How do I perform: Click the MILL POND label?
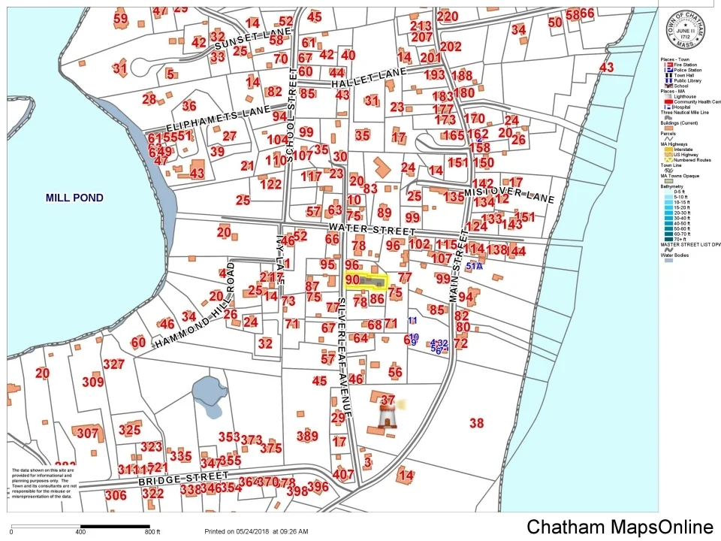(x=74, y=198)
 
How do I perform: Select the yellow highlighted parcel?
(x=367, y=281)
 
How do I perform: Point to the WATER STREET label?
(x=371, y=228)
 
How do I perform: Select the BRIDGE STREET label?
(x=183, y=478)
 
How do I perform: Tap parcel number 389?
(x=307, y=436)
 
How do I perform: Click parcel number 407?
(x=342, y=475)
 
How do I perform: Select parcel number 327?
(x=113, y=364)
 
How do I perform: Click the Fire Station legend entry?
(x=685, y=65)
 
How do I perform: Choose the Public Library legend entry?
(x=686, y=80)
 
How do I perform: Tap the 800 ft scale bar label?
(x=153, y=531)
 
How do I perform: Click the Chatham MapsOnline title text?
(x=620, y=527)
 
